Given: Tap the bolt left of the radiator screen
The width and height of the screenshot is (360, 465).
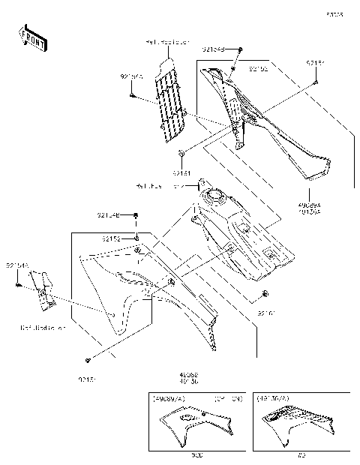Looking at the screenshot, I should tap(132, 96).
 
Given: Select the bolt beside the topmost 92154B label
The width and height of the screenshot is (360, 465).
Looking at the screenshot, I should tap(240, 49).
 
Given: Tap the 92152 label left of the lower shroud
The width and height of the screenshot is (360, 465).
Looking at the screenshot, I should tap(112, 238).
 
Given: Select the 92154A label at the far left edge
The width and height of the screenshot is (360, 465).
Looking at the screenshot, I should tap(16, 265).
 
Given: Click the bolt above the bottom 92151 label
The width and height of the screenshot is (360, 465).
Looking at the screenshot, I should tap(88, 358).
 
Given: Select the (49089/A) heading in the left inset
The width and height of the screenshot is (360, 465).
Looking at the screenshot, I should tap(169, 398).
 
